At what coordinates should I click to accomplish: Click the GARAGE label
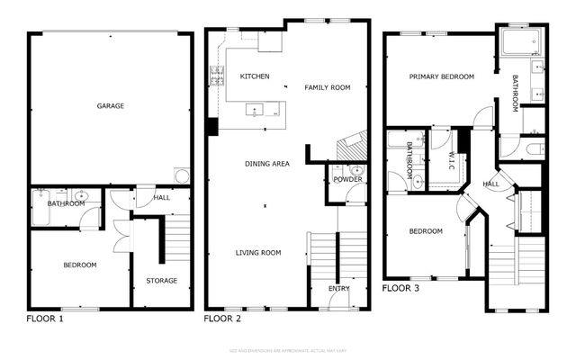click(x=111, y=106)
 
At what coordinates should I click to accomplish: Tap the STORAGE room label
click(x=162, y=281)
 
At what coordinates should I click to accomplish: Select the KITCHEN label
click(x=255, y=76)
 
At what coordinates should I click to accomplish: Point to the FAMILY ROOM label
click(x=327, y=87)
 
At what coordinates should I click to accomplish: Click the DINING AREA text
click(x=267, y=164)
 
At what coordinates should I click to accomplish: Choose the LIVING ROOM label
click(x=259, y=253)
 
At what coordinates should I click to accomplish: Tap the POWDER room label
click(x=347, y=179)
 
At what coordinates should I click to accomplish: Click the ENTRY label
click(x=339, y=288)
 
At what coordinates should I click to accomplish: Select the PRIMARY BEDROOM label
click(x=441, y=77)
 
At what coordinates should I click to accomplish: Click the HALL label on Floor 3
click(x=491, y=184)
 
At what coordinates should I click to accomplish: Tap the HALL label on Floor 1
click(x=161, y=197)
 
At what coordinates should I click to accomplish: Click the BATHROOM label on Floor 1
click(x=66, y=203)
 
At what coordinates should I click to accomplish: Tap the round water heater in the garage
click(x=182, y=175)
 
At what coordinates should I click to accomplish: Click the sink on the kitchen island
click(x=255, y=112)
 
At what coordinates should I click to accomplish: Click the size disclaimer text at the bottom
click(x=287, y=348)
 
